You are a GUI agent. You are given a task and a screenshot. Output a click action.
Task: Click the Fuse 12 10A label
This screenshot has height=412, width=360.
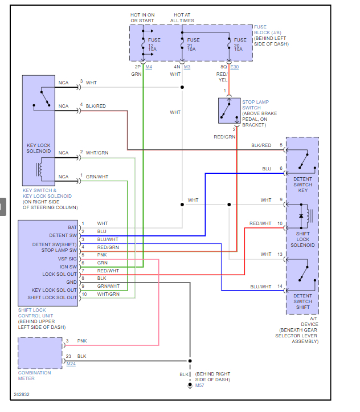[152, 44]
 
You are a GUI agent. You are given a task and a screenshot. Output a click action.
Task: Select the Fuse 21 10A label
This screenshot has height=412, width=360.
[193, 44]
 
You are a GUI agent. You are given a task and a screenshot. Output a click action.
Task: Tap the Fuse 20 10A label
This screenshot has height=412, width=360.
[240, 44]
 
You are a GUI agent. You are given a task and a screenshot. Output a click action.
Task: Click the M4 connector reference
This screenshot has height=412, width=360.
[149, 67]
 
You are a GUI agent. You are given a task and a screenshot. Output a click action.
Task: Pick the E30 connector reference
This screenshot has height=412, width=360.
[235, 67]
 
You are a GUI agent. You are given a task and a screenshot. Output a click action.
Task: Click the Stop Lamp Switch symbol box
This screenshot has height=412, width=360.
[229, 111]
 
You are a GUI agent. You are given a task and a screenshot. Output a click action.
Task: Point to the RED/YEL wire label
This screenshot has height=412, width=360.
[222, 77]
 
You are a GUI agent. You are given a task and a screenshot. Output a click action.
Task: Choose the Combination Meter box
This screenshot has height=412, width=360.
[40, 353]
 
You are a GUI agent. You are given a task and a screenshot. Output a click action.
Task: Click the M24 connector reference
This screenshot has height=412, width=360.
[71, 363]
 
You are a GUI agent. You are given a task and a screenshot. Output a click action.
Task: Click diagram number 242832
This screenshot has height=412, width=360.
[22, 394]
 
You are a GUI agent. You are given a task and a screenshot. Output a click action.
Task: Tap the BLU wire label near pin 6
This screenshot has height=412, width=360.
[267, 169]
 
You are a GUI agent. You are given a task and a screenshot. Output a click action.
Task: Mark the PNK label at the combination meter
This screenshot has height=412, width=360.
[82, 341]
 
